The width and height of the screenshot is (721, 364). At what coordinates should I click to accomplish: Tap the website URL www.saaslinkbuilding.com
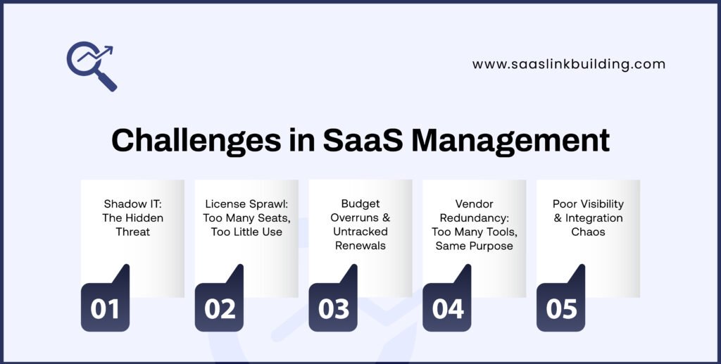568,64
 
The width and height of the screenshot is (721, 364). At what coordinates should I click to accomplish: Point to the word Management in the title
510,141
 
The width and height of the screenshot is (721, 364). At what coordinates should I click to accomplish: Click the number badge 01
105,308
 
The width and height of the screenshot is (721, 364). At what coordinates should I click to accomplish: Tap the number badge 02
219,308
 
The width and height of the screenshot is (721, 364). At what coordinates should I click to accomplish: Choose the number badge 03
333,308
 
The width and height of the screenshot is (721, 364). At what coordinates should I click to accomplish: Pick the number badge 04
447,308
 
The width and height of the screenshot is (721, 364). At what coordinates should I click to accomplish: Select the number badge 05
561,308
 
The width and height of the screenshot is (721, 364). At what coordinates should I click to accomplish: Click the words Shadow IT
132,204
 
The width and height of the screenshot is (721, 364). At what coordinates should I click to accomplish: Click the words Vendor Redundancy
475,211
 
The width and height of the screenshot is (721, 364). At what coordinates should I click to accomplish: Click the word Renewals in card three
360,245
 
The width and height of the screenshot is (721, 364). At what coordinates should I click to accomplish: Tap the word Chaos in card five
588,232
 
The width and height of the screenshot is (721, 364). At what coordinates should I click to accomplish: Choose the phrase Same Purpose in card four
475,245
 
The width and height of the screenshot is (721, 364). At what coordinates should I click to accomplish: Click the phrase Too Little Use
246,232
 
